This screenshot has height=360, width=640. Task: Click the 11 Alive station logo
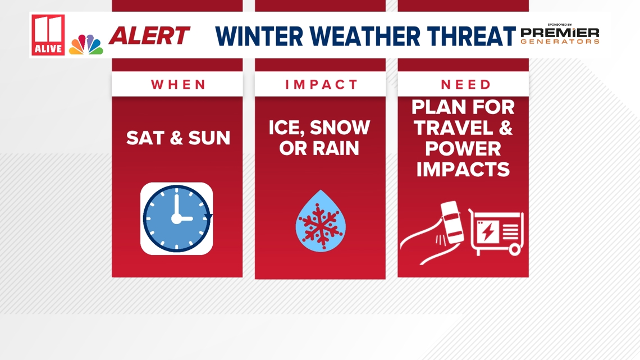tap(48, 35)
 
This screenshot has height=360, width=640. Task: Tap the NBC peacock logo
tap(86, 44)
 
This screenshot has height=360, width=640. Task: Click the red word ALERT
tap(149, 36)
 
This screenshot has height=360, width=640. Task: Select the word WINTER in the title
tap(261, 36)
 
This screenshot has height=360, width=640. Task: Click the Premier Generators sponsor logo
tap(559, 35)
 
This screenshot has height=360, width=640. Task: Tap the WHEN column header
tap(178, 85)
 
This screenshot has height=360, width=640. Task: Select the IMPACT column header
tap(321, 85)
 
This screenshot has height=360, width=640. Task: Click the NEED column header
tap(465, 85)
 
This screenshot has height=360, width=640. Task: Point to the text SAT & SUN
tap(178, 138)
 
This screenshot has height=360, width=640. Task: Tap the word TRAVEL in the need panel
tap(455, 128)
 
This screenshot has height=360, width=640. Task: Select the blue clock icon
tap(176, 218)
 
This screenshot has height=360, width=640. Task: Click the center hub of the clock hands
tap(176, 218)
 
